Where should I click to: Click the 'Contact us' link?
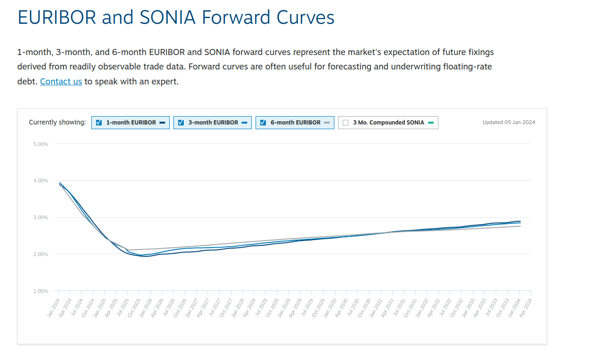(x=61, y=82)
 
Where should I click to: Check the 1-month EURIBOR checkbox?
(x=99, y=123)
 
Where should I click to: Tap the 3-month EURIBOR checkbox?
(x=181, y=123)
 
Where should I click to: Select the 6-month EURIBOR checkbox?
(x=263, y=123)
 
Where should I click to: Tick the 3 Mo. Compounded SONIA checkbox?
(x=346, y=123)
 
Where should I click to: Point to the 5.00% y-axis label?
(x=41, y=144)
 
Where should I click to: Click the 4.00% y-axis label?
(x=41, y=181)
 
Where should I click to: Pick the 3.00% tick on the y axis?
(x=41, y=218)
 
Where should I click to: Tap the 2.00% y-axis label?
(x=41, y=254)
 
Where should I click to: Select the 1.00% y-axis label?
(x=41, y=291)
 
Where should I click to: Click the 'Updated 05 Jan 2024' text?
(x=509, y=123)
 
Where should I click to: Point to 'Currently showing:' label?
(x=57, y=123)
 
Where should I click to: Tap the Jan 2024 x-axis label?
(x=54, y=307)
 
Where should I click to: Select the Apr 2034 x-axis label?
(x=526, y=307)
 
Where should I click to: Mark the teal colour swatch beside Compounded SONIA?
(x=431, y=123)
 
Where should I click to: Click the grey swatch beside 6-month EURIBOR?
(x=327, y=123)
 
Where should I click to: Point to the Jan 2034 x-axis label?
(x=514, y=307)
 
